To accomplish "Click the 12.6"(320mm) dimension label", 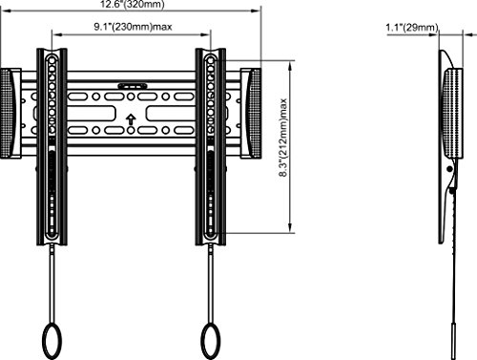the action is pyautogui.click(x=133, y=4).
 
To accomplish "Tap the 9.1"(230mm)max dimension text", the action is pyautogui.click(x=133, y=27).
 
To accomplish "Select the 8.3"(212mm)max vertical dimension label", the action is pyautogui.click(x=282, y=138).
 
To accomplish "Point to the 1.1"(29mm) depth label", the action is pyautogui.click(x=412, y=28).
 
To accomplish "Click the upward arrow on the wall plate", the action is pyautogui.click(x=131, y=119).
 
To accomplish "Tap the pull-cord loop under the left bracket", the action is pyautogui.click(x=52, y=341).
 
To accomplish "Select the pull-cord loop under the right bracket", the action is pyautogui.click(x=211, y=341).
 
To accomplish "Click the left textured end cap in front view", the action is pyautogui.click(x=8, y=113).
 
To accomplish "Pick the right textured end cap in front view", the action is pyautogui.click(x=255, y=113).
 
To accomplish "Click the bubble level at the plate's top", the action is pyautogui.click(x=133, y=85).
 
